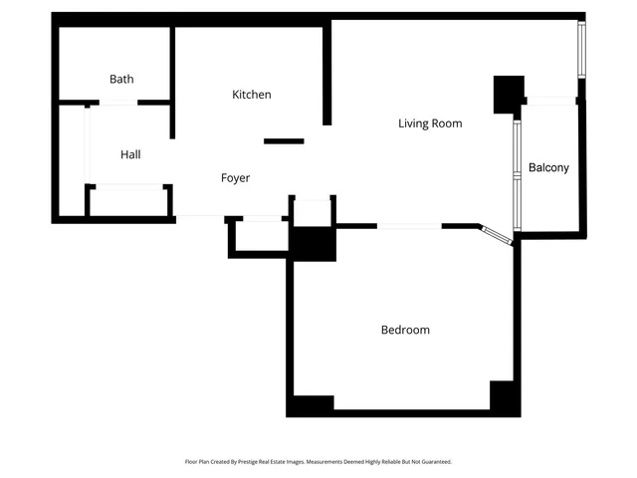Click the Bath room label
121,79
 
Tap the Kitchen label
251,95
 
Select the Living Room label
430,123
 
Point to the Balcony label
548,167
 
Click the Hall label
130,154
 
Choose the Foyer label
235,178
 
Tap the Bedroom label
405,330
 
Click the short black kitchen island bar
284,141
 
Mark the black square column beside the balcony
509,94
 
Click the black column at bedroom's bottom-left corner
311,406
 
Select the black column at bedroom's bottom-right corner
505,398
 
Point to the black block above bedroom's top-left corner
313,244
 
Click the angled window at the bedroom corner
497,235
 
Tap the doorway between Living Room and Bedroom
409,226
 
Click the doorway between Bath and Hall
118,102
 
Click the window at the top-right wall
582,50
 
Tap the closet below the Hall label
127,200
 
